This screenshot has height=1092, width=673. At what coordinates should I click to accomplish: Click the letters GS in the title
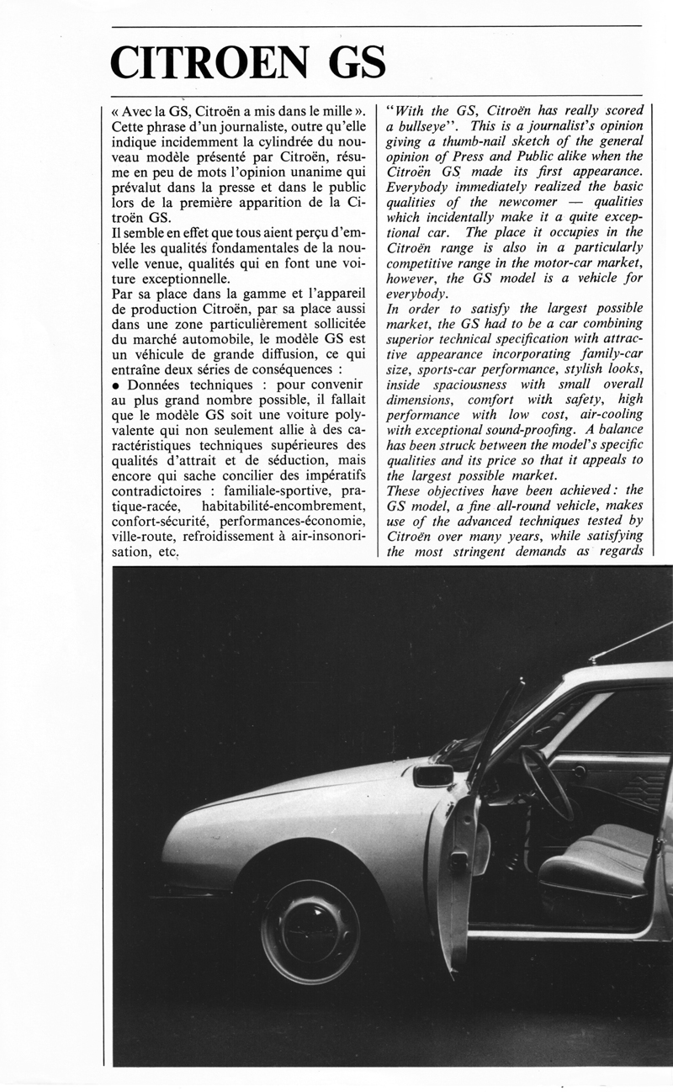[x=345, y=63]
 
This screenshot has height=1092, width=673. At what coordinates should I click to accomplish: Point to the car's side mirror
[x=432, y=774]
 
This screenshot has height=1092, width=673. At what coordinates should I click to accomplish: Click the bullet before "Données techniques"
[x=115, y=382]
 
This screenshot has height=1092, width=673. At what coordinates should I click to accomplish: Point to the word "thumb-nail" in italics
[x=469, y=142]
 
